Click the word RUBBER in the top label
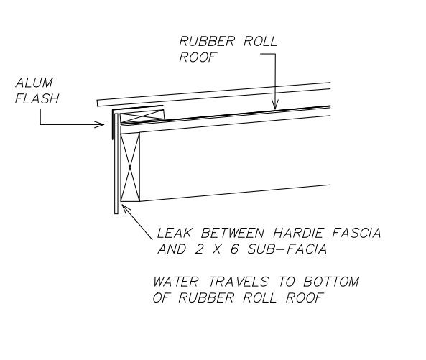tap(207, 41)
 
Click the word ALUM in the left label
tap(34, 83)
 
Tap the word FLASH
tap(37, 98)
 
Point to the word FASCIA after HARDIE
tap(356, 233)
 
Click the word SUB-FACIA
tap(287, 249)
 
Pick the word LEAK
tap(175, 233)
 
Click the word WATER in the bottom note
tap(176, 282)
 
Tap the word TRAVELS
tap(239, 282)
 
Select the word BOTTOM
tap(331, 282)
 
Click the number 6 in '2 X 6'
tap(234, 249)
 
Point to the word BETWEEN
tap(233, 233)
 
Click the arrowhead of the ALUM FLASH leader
tap(100, 125)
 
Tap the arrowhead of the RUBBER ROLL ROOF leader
tap(275, 106)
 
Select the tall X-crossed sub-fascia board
tap(130, 167)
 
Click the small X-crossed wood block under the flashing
tap(142, 116)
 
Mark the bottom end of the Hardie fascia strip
tap(116, 213)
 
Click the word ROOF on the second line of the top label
tap(198, 57)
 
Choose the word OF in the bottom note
tap(161, 297)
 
